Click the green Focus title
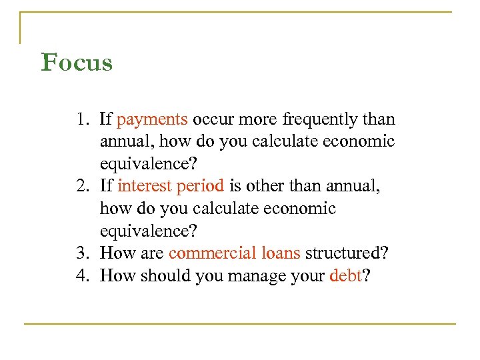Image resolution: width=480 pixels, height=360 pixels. [77, 63]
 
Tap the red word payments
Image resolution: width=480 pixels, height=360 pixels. [152, 120]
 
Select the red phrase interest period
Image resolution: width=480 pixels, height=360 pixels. [171, 187]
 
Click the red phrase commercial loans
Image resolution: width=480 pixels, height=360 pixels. [235, 253]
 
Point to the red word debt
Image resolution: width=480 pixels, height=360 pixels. [345, 275]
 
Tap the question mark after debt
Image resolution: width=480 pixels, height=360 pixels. [364, 275]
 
